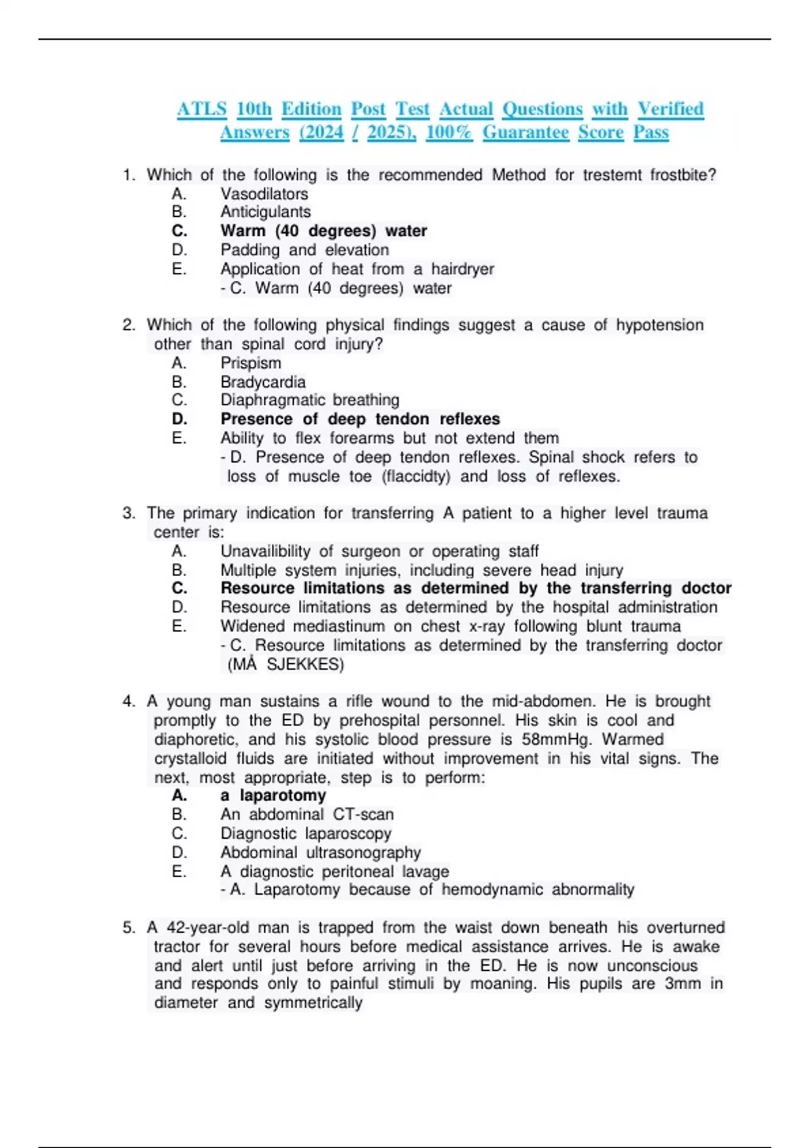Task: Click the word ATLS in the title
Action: coord(201,109)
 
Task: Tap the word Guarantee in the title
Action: coord(525,132)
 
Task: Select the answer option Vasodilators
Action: coord(264,194)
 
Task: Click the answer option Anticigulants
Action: coord(265,212)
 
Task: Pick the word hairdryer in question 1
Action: coord(462,269)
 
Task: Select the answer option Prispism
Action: coord(250,363)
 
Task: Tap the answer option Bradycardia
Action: coord(263,382)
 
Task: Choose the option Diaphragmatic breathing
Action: coord(309,400)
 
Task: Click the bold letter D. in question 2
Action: coord(180,419)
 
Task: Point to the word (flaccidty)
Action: coord(416,477)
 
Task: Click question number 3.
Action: coord(129,513)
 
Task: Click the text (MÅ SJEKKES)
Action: coord(286,664)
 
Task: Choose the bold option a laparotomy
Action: coord(273,795)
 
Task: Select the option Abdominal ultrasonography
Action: coord(320,853)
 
